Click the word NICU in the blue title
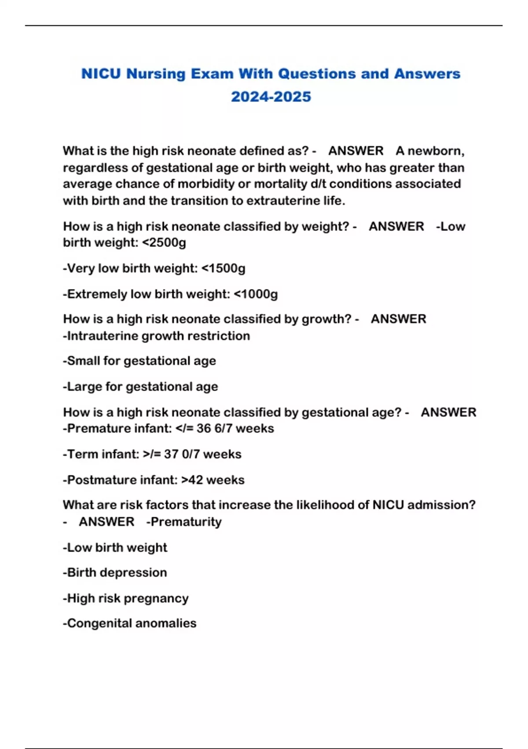pyautogui.click(x=101, y=74)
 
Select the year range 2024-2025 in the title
pyautogui.click(x=271, y=96)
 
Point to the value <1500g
pyautogui.click(x=223, y=268)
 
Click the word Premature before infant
pyautogui.click(x=94, y=428)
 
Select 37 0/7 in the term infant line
pyautogui.click(x=182, y=454)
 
